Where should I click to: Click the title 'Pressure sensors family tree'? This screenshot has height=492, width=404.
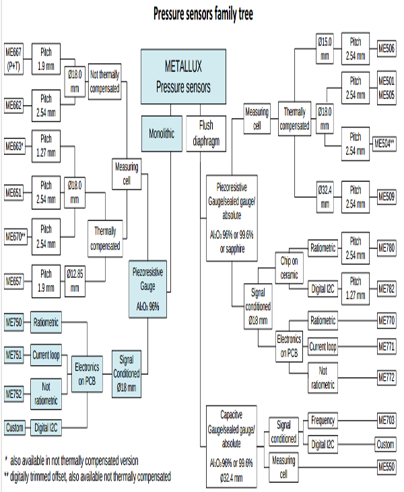203,13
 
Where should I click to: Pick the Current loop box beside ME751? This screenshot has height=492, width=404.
46,355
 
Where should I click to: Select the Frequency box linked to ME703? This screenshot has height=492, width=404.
323,421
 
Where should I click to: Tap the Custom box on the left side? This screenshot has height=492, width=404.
15,427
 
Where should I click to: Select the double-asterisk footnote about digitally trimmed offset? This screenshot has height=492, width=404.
88,476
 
